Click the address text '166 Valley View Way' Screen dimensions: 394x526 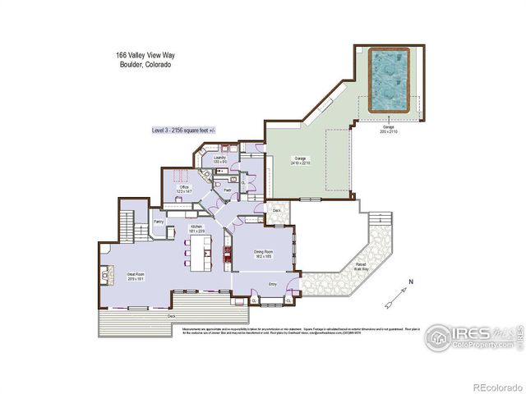(x=145, y=56)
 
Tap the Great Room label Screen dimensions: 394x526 (x=136, y=275)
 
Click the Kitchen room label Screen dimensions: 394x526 (x=196, y=227)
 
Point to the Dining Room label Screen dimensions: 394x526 (x=264, y=253)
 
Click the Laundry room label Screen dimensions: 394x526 (x=219, y=158)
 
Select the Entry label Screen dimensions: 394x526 (x=273, y=284)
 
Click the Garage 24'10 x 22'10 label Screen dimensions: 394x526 (x=300, y=159)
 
